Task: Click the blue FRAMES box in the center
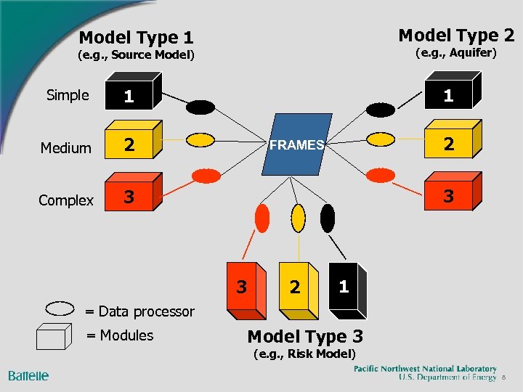296,145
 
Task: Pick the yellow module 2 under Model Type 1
131,144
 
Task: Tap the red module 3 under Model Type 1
131,195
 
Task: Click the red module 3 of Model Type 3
243,288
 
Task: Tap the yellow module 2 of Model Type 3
296,288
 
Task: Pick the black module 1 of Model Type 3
346,285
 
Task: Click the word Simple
68,95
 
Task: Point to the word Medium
66,148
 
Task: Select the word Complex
66,200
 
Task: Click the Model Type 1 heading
136,37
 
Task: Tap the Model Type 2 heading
456,35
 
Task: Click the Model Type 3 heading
305,336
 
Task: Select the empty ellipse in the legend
60,307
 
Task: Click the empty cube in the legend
55,336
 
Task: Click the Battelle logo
28,375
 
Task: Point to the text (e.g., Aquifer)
455,53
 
